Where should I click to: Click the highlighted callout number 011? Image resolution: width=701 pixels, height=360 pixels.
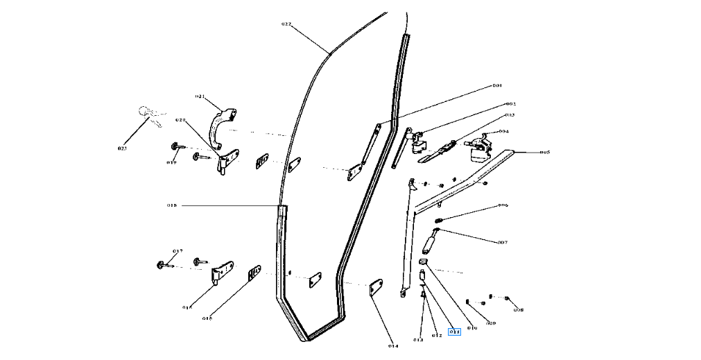pos(455,332)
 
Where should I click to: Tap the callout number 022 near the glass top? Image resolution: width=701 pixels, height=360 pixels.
pos(286,24)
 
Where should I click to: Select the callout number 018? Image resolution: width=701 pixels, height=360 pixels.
pos(172,206)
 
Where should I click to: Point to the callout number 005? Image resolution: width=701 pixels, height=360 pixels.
pos(545,152)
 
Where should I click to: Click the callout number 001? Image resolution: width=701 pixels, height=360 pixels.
pos(496,85)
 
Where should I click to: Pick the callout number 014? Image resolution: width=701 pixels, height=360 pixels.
pos(393,345)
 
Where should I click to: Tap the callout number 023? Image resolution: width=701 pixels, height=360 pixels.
pos(123,148)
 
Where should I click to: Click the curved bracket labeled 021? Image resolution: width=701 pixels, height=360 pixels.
pos(222,125)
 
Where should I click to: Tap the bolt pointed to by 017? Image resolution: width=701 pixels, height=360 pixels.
pos(162,264)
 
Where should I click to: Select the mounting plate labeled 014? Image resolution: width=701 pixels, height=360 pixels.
pos(376,287)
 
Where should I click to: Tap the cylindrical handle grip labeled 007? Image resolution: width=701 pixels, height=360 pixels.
pos(430,243)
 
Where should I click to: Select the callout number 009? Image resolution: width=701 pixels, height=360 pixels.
pos(490,323)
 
